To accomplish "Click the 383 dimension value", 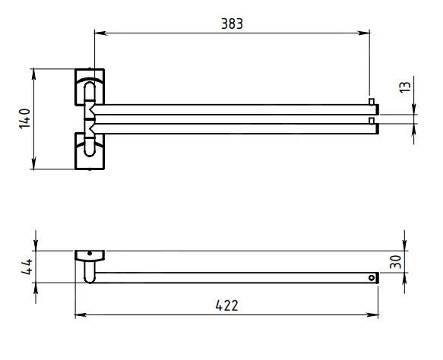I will click(232, 23).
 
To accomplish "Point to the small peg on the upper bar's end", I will click(371, 102).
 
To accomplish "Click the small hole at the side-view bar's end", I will click(372, 278).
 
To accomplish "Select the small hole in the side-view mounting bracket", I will click(90, 254).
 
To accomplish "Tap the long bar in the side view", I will click(236, 278).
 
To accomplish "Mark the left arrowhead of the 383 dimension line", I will click(98, 33).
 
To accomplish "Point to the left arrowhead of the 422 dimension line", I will click(79, 314).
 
